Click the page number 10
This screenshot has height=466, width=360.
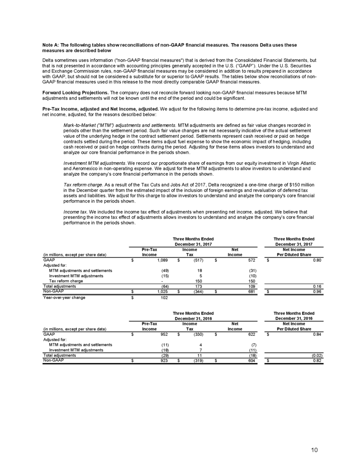pyautogui.click(x=314, y=450)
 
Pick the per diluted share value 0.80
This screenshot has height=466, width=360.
pyautogui.click(x=317, y=260)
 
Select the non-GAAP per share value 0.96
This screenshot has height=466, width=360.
pyautogui.click(x=317, y=291)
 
